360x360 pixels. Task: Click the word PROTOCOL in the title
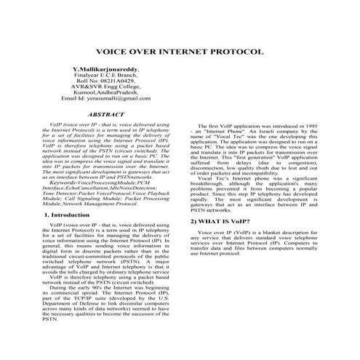(239, 53)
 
